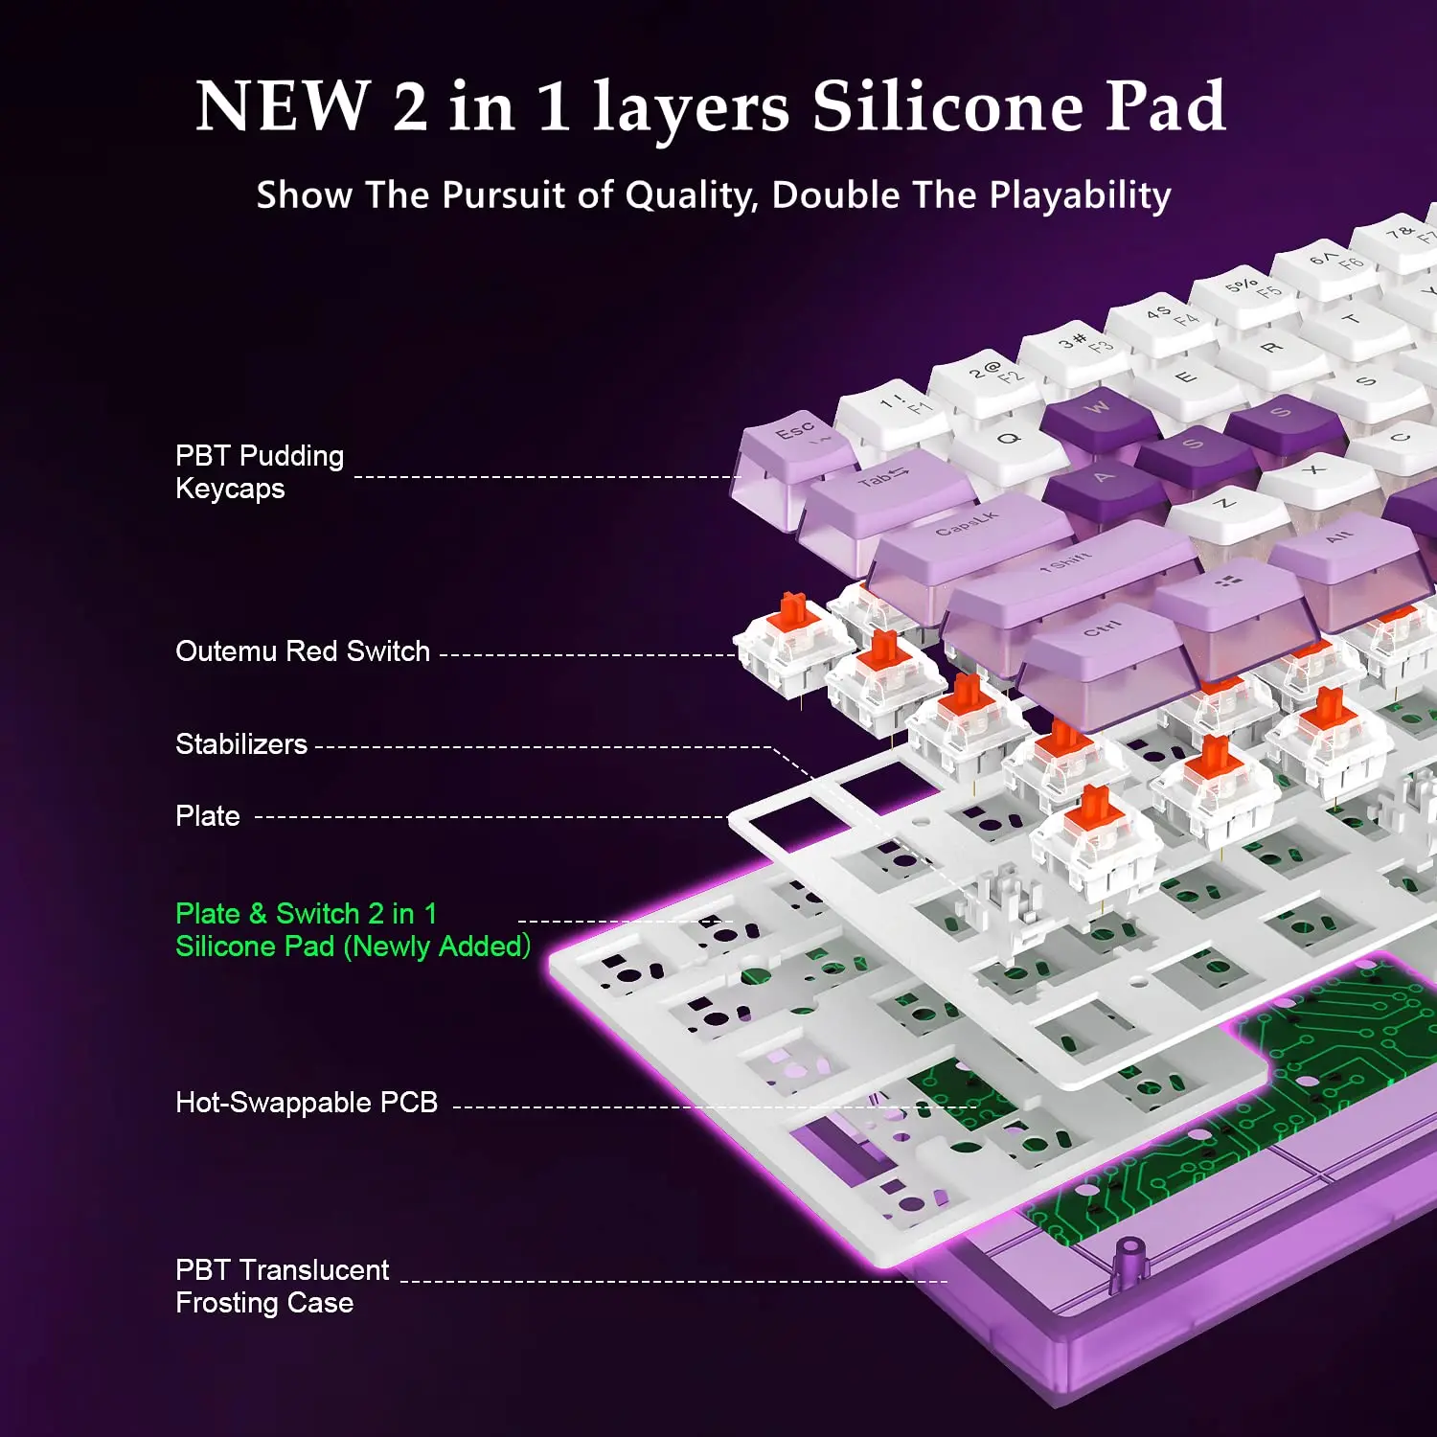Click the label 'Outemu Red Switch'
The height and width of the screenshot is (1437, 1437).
[x=303, y=651]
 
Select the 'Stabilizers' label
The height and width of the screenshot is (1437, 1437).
[x=241, y=744]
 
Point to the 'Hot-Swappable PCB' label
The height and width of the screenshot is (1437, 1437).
[x=307, y=1103]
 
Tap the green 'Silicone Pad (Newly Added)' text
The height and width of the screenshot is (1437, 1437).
[x=353, y=947]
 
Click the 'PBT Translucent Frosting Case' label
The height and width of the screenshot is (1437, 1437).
[x=282, y=1287]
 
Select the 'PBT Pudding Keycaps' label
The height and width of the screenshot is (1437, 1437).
[x=259, y=472]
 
